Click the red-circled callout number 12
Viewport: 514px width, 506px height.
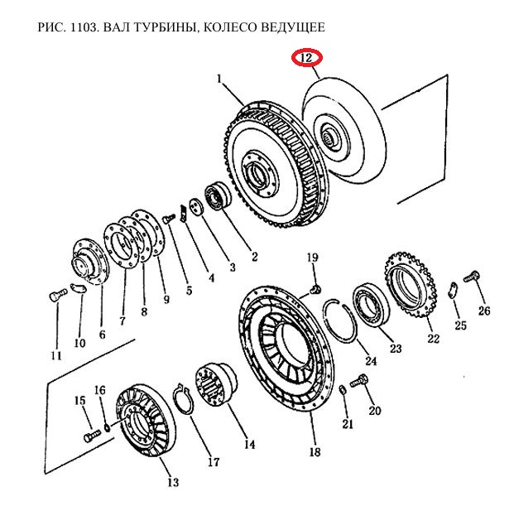306,59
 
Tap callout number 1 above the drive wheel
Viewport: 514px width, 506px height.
220,80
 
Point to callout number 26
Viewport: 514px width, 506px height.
484,311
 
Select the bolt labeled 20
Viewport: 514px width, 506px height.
359,382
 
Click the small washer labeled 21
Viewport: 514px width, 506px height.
343,390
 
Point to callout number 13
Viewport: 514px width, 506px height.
172,483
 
